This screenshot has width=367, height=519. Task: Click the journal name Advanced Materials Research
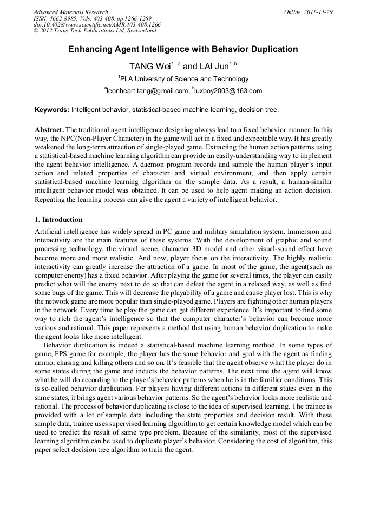tap(70, 12)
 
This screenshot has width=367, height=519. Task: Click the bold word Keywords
tap(52, 110)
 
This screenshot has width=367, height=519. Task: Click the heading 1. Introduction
tap(58, 220)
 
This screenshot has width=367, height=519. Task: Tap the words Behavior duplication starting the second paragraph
tap(74, 345)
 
